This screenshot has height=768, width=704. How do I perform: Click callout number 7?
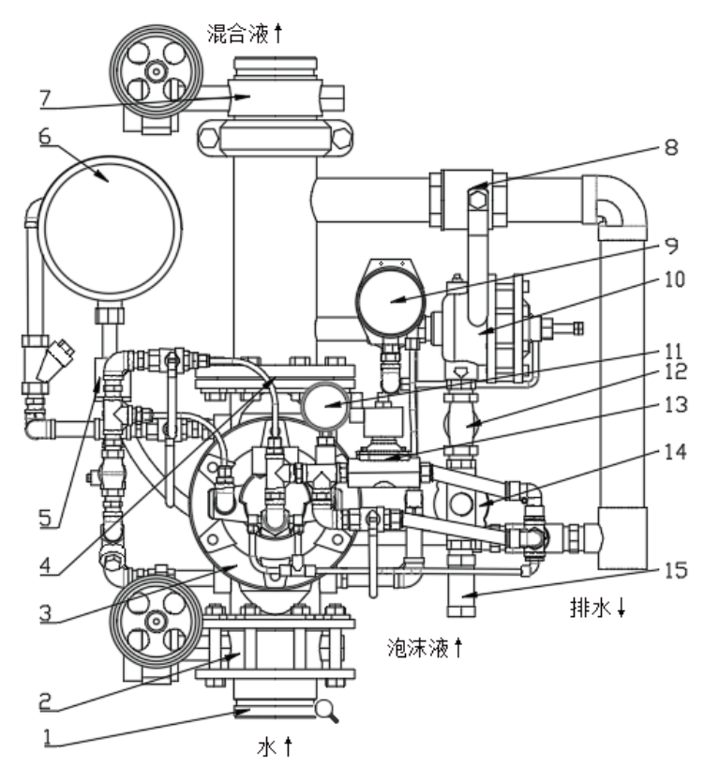coord(45,98)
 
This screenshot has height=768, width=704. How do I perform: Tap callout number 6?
coord(45,136)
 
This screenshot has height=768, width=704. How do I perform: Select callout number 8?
coord(671,147)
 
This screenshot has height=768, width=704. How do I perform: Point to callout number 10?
coord(674,279)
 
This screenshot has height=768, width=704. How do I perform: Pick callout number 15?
coord(676,571)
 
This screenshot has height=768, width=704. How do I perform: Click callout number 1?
coord(48,738)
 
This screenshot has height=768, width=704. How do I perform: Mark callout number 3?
coord(45,612)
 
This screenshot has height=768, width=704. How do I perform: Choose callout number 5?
coord(45,518)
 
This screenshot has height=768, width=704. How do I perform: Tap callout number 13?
coord(676,405)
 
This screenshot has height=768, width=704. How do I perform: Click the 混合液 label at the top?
coord(238,34)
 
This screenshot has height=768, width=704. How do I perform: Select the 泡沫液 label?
coord(418,648)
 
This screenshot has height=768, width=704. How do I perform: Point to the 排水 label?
coord(591,608)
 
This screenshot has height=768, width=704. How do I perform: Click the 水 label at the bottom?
coord(267,747)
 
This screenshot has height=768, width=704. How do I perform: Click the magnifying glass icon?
coord(326,711)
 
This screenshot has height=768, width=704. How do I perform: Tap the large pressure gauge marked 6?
coord(111,228)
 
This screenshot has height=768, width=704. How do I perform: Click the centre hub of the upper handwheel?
coord(157,72)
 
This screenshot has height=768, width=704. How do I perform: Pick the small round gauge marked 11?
coord(324,405)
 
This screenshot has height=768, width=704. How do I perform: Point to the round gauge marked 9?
coord(390,302)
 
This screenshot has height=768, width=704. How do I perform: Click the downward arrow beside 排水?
coord(621,609)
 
